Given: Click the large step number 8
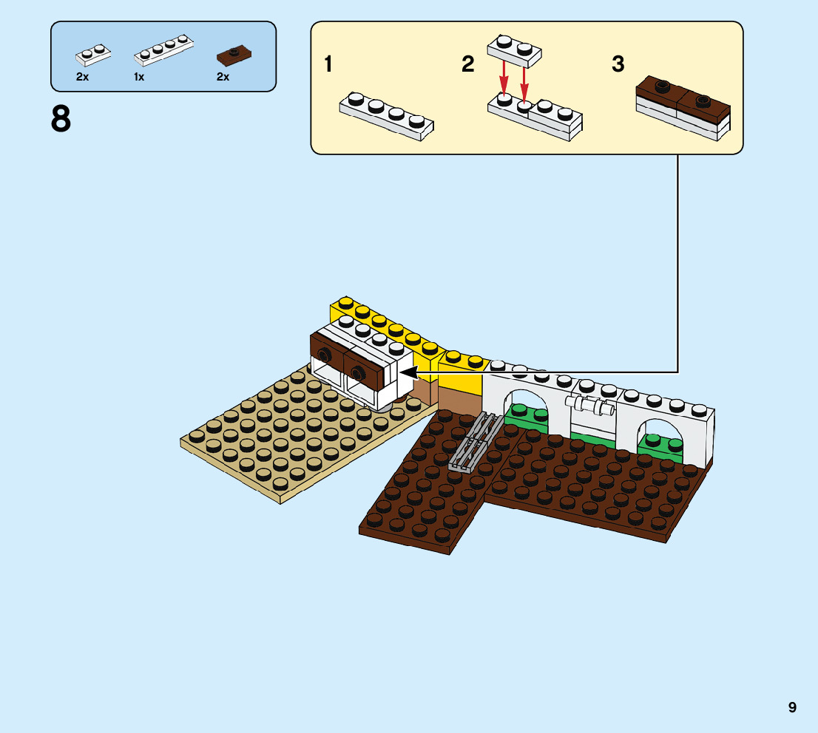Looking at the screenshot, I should point(61,119).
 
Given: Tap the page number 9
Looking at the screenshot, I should point(792,707).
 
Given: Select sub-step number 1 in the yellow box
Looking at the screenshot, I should point(328,64).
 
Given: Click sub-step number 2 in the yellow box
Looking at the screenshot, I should point(467,64).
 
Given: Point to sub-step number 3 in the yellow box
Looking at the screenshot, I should point(618,64).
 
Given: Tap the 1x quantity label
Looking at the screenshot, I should point(139,77).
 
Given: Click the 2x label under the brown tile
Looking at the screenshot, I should point(223,77).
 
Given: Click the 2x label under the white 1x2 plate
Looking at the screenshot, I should point(82,77).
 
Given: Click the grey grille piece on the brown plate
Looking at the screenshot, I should point(472,443).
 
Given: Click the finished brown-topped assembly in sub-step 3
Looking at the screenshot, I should point(683,108).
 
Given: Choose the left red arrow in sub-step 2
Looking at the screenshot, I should point(504,77).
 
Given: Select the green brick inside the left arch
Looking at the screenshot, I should point(527,417).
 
